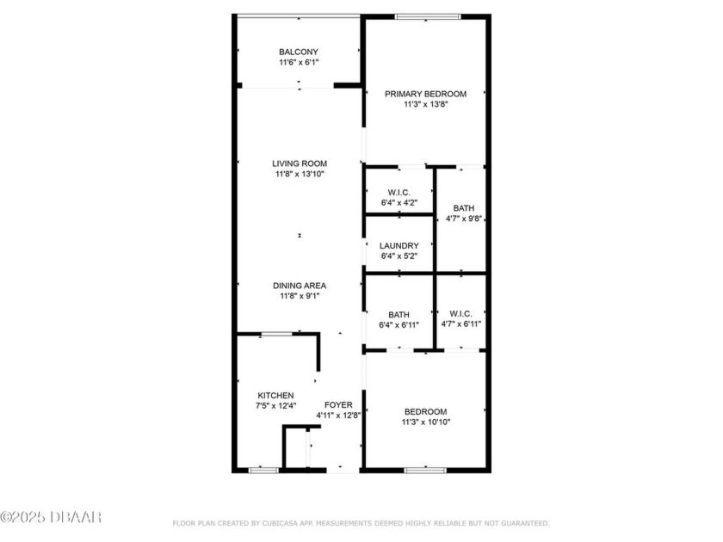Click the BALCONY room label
pos(298,52)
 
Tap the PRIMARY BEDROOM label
pos(425,94)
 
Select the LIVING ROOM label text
pos(300,163)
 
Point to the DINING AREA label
pos(300,286)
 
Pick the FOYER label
pos(338,404)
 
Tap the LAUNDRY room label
pos(399,246)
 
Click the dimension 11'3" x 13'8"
pos(425,105)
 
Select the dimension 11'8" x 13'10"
pos(300,175)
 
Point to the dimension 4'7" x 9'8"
pos(463,219)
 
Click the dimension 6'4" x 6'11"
pos(399,325)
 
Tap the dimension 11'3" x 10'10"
pos(425,422)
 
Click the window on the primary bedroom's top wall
pos(427,16)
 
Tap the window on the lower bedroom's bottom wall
pos(425,470)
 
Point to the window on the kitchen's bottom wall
pos(263,470)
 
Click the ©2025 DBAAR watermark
pos(51,517)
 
